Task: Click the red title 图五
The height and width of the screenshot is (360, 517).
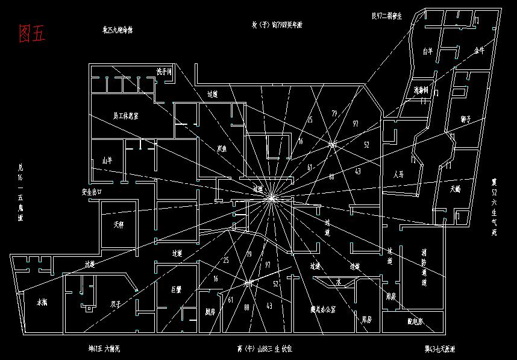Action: (x=32, y=34)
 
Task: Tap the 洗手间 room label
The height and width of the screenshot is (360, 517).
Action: (x=164, y=72)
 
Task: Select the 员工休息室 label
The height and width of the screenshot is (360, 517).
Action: (x=125, y=115)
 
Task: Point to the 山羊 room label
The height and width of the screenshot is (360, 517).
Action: (x=107, y=160)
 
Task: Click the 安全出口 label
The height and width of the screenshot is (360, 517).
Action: (x=92, y=191)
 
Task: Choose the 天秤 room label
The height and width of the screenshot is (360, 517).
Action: (x=118, y=225)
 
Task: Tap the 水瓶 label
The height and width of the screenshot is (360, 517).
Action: (x=42, y=302)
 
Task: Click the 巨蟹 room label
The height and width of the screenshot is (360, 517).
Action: (x=176, y=289)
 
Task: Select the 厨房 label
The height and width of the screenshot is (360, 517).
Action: (x=210, y=312)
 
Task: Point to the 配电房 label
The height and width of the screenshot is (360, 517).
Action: (x=415, y=321)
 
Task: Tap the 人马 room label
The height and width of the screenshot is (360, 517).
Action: (x=398, y=174)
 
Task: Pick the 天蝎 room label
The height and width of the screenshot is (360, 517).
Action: (x=454, y=189)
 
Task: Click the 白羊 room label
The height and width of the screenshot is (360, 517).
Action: (x=427, y=52)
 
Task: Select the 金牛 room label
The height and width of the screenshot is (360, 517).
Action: (x=479, y=51)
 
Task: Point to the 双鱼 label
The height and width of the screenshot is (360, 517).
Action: (x=222, y=148)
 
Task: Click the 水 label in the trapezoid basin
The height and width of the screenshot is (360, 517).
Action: (x=338, y=281)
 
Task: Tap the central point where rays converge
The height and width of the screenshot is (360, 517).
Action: (x=271, y=197)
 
